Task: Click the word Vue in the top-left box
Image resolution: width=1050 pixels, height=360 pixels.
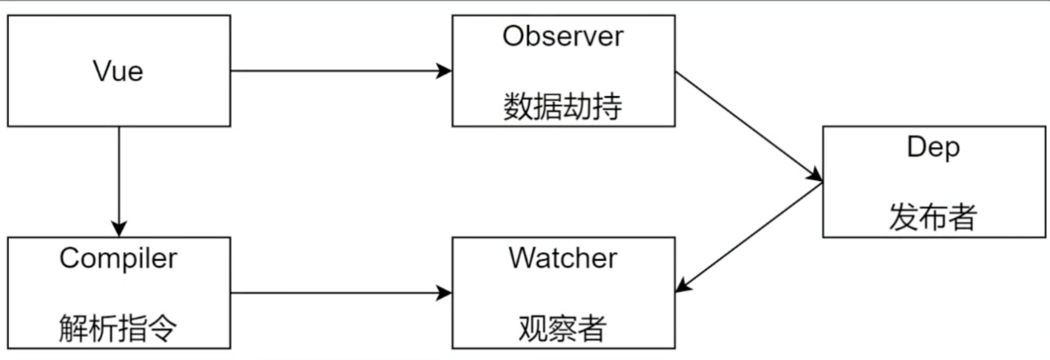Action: pyautogui.click(x=118, y=71)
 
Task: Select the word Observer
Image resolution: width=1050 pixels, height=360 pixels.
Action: pyautogui.click(x=563, y=36)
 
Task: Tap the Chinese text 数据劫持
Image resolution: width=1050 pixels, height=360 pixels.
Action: pyautogui.click(x=563, y=106)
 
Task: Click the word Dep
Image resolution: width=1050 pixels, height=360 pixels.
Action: pyautogui.click(x=933, y=147)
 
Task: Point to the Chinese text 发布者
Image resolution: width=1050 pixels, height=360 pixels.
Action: pyautogui.click(x=933, y=217)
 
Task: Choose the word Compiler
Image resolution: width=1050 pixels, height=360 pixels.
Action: pyautogui.click(x=118, y=258)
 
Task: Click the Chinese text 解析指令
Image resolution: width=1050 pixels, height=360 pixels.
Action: pyautogui.click(x=118, y=328)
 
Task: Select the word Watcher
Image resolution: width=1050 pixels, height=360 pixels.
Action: pyautogui.click(x=563, y=258)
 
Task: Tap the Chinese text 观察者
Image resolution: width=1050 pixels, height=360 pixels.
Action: pyautogui.click(x=563, y=328)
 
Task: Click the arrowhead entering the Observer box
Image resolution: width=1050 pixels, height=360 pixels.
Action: pyautogui.click(x=445, y=71)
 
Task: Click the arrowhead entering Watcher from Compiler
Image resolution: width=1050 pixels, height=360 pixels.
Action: pyautogui.click(x=445, y=293)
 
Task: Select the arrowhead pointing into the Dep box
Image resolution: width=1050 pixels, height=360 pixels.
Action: pyautogui.click(x=815, y=176)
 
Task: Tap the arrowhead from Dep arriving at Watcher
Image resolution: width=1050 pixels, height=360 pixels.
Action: pyautogui.click(x=684, y=285)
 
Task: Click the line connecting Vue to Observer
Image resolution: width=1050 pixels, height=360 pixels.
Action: pyautogui.click(x=335, y=71)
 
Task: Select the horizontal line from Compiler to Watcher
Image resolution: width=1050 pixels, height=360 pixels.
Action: pyautogui.click(x=335, y=293)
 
